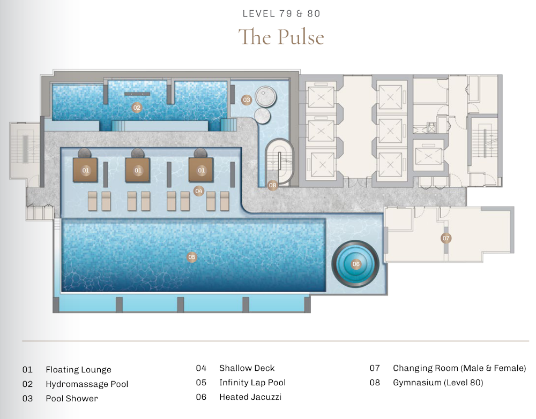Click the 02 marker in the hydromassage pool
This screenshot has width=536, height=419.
(x=137, y=108)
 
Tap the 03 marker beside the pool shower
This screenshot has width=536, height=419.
(x=246, y=100)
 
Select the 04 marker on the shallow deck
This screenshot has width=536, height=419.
(x=199, y=191)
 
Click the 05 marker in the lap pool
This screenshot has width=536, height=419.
(x=192, y=257)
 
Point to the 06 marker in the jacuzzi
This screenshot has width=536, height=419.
(x=356, y=264)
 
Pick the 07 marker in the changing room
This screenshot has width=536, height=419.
(x=446, y=238)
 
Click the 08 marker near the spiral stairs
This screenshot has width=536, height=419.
(x=272, y=185)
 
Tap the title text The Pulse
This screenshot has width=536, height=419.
(x=281, y=37)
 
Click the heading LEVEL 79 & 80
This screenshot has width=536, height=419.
(x=281, y=14)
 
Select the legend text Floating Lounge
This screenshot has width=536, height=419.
(x=79, y=370)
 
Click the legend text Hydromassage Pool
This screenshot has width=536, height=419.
(x=87, y=384)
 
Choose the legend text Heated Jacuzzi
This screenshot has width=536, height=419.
(x=250, y=397)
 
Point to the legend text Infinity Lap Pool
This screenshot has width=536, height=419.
(x=252, y=383)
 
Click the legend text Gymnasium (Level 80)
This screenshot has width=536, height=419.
(x=438, y=383)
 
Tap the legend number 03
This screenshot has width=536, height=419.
(x=27, y=399)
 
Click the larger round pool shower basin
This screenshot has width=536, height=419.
(x=266, y=96)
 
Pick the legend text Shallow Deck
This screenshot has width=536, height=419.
(x=247, y=368)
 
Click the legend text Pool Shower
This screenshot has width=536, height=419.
(x=72, y=399)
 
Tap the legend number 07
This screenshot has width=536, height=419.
(x=375, y=368)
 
